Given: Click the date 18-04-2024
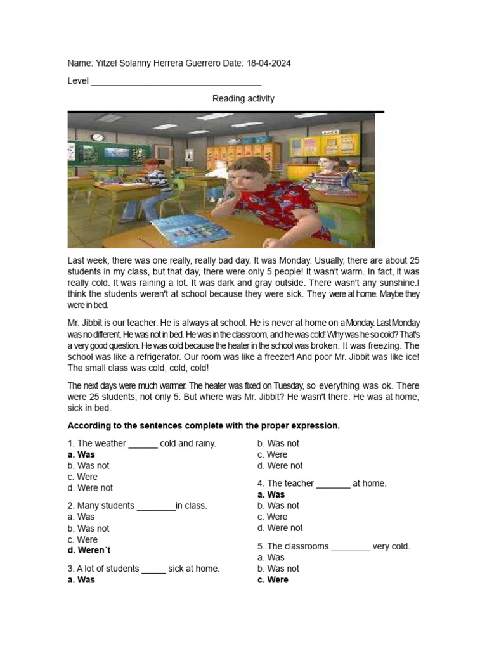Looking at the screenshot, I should (268, 64).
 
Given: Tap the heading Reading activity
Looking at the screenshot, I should (243, 98).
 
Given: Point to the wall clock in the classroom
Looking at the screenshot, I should (97, 137).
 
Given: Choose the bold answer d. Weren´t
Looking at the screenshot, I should (89, 550).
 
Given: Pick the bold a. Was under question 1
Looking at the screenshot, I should (81, 454).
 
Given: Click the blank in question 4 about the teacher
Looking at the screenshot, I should (333, 484).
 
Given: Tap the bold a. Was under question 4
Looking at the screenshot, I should (271, 494).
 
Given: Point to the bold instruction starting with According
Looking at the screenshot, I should (204, 425).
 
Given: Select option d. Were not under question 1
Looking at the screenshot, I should (90, 488).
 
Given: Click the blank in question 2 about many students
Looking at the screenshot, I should (156, 506).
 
